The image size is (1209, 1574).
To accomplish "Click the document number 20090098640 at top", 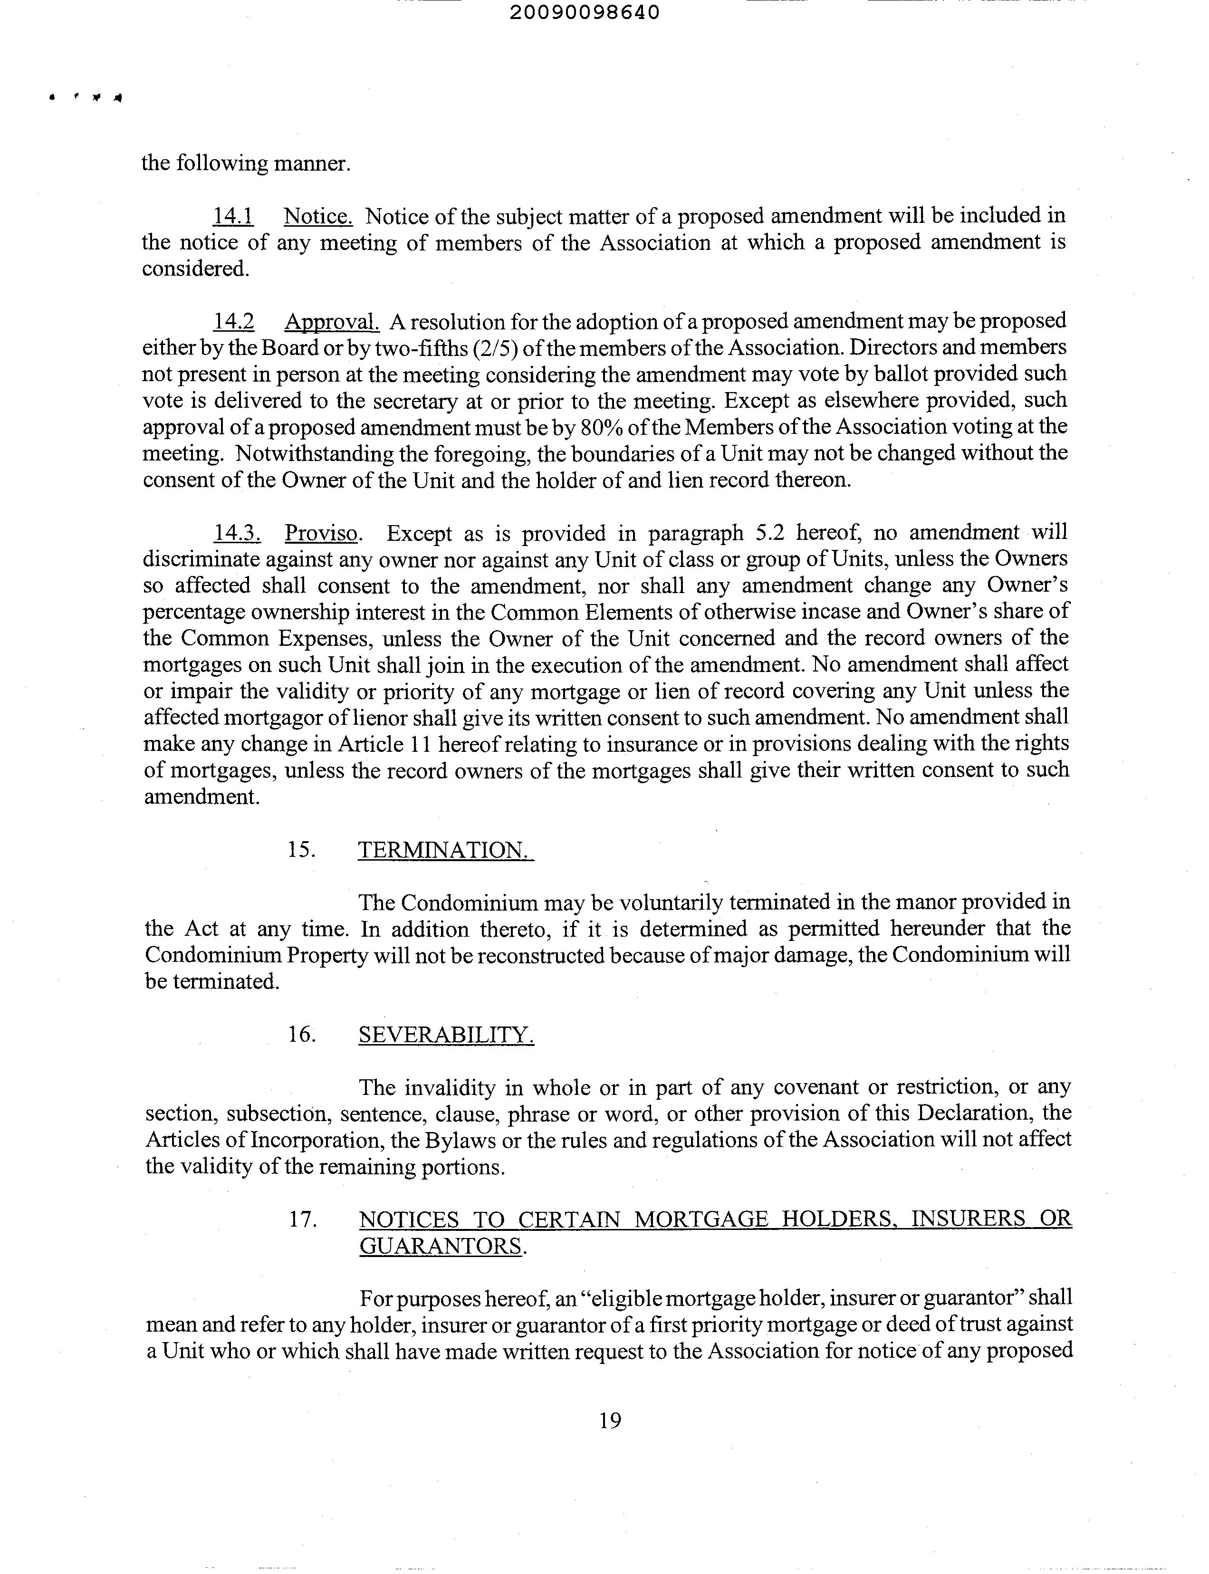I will click(585, 13).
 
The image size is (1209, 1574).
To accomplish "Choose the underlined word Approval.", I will click(332, 322).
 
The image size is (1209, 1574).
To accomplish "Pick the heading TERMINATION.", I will click(445, 850).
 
